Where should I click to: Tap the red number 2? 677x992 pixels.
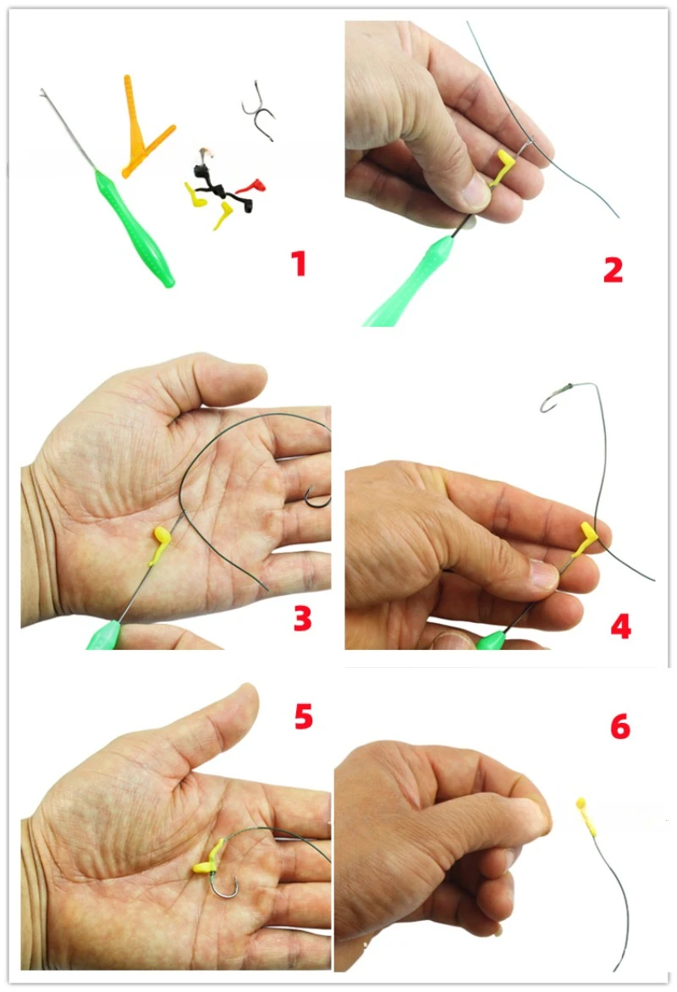pyautogui.click(x=613, y=269)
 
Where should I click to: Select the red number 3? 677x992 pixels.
pyautogui.click(x=302, y=618)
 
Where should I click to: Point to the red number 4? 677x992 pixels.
pyautogui.click(x=620, y=626)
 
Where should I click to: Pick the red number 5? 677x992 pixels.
pyautogui.click(x=304, y=716)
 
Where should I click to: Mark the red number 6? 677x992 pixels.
pyautogui.click(x=620, y=726)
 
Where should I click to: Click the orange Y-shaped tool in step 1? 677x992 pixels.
pyautogui.click(x=141, y=130)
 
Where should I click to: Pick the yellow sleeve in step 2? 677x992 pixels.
pyautogui.click(x=504, y=167)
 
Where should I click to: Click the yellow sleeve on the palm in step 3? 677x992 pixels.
pyautogui.click(x=159, y=544)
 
